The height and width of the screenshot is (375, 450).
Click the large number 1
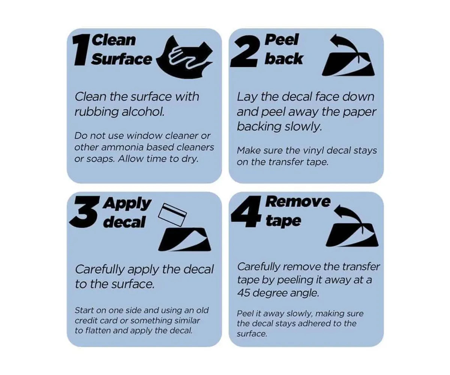pos(81,51)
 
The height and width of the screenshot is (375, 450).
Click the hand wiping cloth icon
pos(184,58)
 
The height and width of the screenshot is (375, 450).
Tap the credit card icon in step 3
pos(172,214)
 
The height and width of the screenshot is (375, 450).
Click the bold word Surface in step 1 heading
pos(121,59)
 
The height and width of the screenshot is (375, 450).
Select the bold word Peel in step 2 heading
pos(282,40)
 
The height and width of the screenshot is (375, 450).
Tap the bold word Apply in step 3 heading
pos(127,204)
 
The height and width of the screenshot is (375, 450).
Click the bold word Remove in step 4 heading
pos(298,202)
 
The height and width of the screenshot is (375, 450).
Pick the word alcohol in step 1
pos(143,112)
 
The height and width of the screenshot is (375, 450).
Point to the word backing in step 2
pos(259,126)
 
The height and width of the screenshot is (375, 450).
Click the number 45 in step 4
pos(243,293)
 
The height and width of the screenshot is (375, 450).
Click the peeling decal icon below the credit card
pos(184,239)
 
